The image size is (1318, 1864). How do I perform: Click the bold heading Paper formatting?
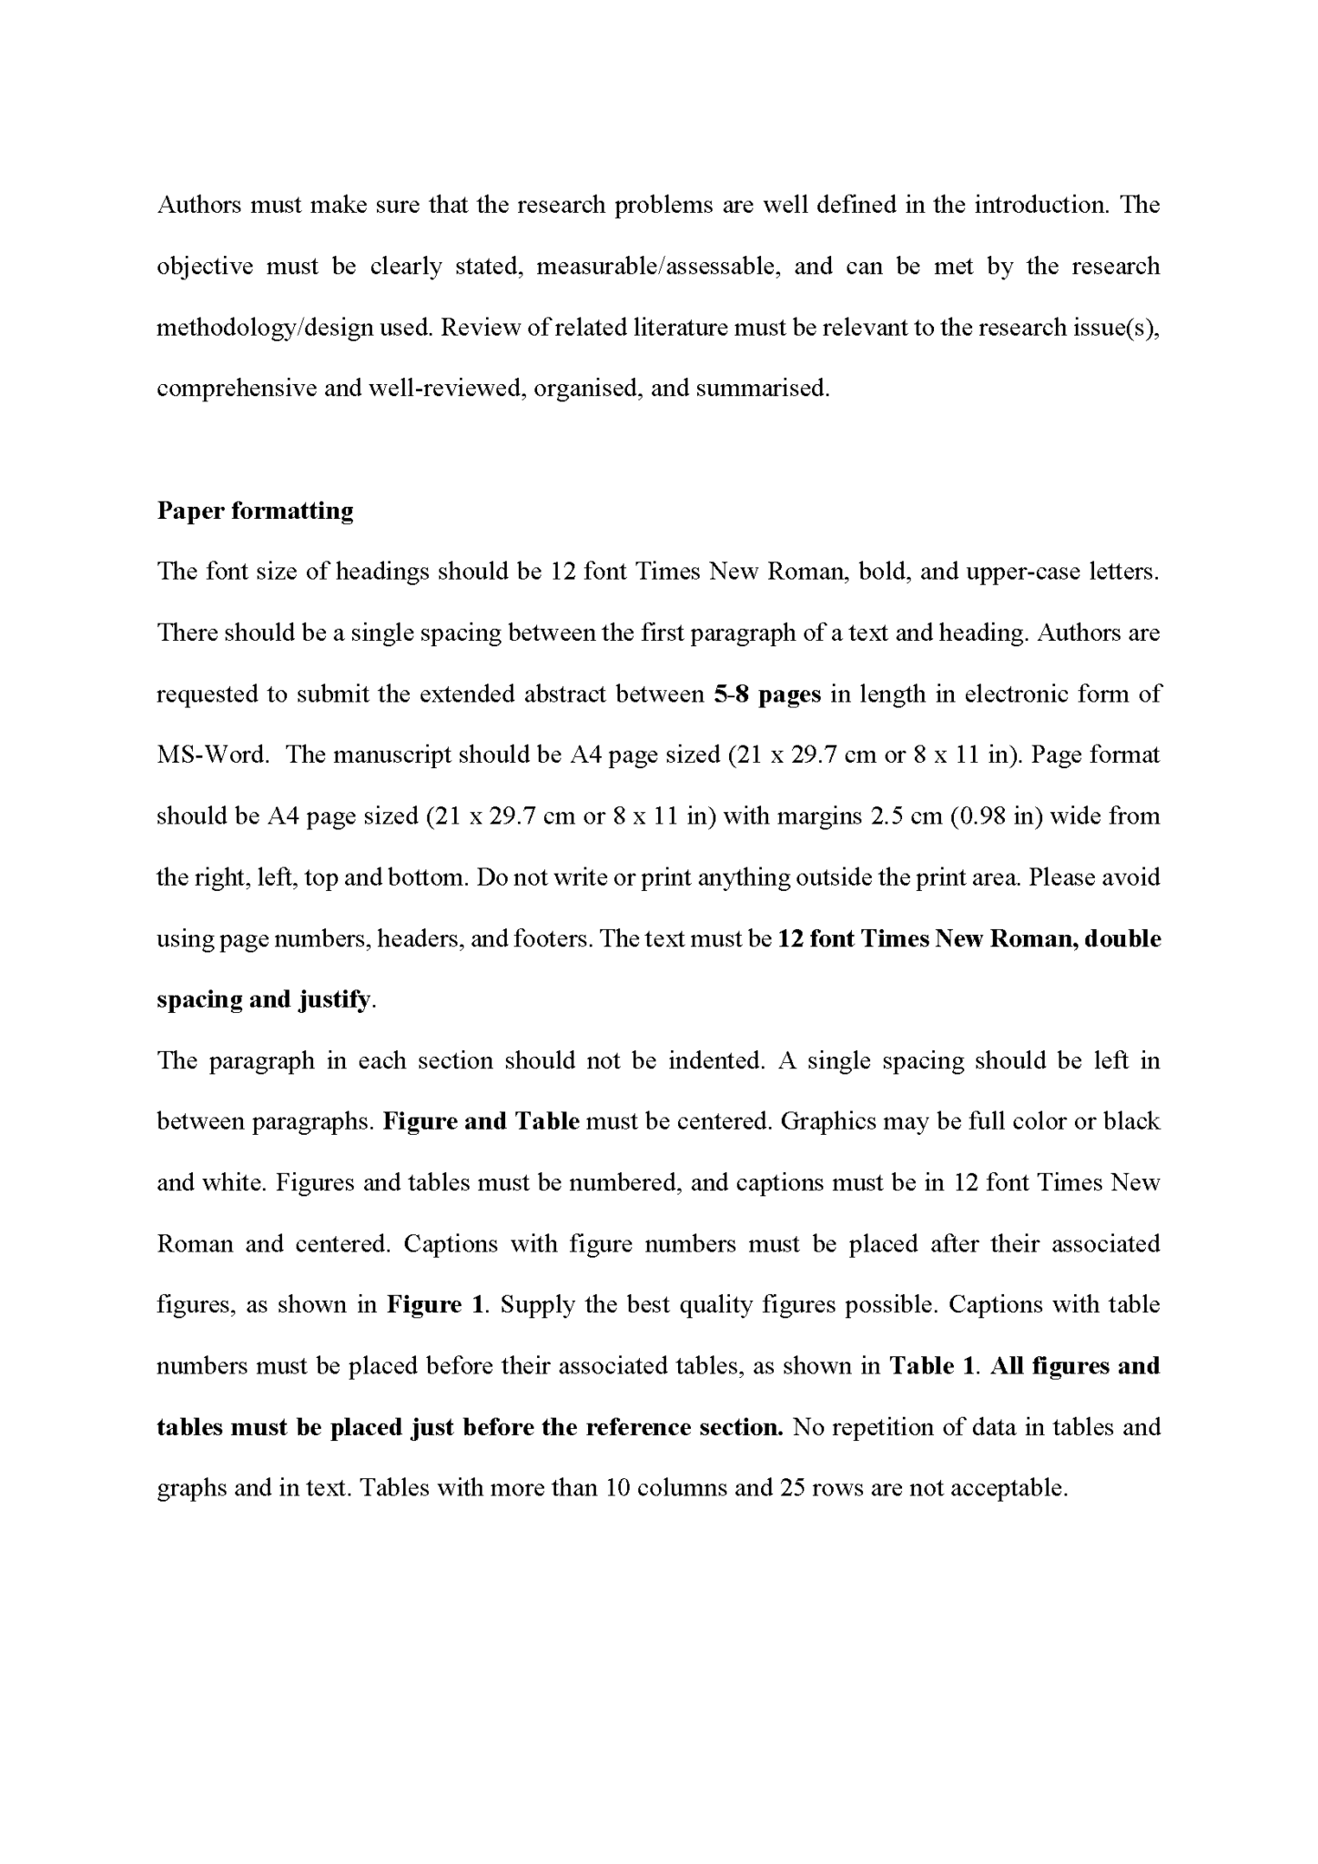(x=255, y=511)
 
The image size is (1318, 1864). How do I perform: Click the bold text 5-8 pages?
(x=767, y=694)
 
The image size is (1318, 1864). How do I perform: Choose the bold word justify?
(x=334, y=999)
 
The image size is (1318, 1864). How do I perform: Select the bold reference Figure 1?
(x=435, y=1305)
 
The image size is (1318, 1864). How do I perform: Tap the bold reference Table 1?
(x=932, y=1366)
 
